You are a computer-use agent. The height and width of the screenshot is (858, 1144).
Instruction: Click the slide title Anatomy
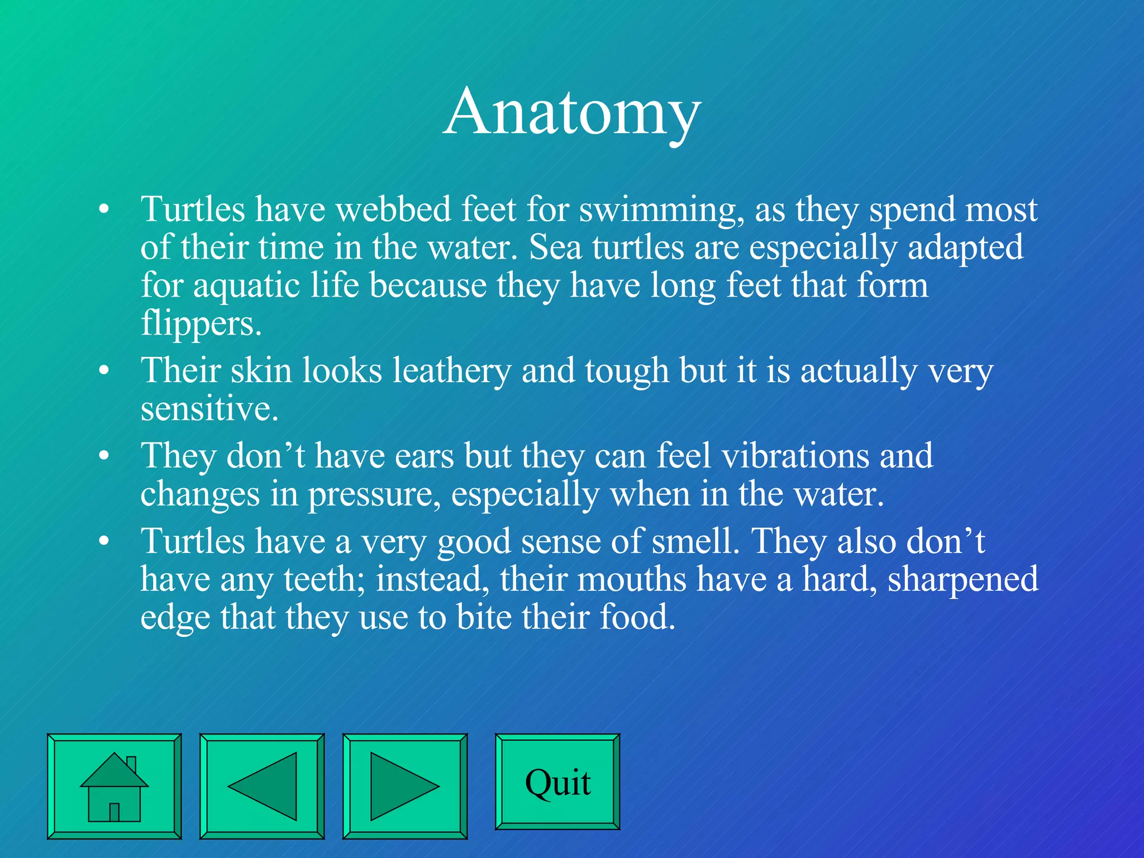point(572,112)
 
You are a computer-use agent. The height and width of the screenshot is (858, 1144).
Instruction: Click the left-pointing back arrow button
point(262,786)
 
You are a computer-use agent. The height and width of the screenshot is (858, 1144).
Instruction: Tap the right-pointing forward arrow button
point(405,786)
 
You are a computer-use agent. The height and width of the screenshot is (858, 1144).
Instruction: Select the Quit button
point(557,782)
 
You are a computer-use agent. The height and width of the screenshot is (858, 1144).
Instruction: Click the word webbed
point(393,209)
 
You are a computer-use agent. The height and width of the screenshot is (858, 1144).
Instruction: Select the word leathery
point(451,371)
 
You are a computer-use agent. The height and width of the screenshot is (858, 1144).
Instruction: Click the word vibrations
point(795,456)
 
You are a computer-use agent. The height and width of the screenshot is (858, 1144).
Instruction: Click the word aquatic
point(247,287)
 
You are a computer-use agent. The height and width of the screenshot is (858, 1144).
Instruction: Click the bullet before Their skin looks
point(103,371)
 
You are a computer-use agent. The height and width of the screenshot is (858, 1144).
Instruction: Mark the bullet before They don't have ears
point(103,456)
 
